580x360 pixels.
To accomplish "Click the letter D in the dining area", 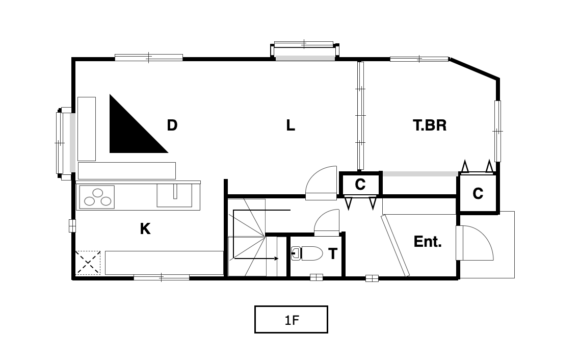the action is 172,125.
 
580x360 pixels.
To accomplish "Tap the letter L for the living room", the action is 291,125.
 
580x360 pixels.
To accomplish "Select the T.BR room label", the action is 430,125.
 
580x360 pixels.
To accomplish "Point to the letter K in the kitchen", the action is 145,229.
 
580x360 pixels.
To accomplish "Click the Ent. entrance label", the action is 428,242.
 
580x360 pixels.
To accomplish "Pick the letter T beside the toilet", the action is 333,254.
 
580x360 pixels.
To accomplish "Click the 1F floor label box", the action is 291,320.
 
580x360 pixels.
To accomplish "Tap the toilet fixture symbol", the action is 307,253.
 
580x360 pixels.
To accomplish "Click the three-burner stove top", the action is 97,197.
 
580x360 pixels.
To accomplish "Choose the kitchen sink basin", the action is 174,195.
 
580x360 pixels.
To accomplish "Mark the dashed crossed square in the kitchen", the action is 88,263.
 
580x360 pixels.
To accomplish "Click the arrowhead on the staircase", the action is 276,259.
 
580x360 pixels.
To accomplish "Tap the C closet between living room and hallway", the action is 360,184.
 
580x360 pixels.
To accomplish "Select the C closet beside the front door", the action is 478,193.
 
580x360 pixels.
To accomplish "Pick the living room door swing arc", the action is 321,183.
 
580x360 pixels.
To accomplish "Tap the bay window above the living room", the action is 305,51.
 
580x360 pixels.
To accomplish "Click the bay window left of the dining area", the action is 65,143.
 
